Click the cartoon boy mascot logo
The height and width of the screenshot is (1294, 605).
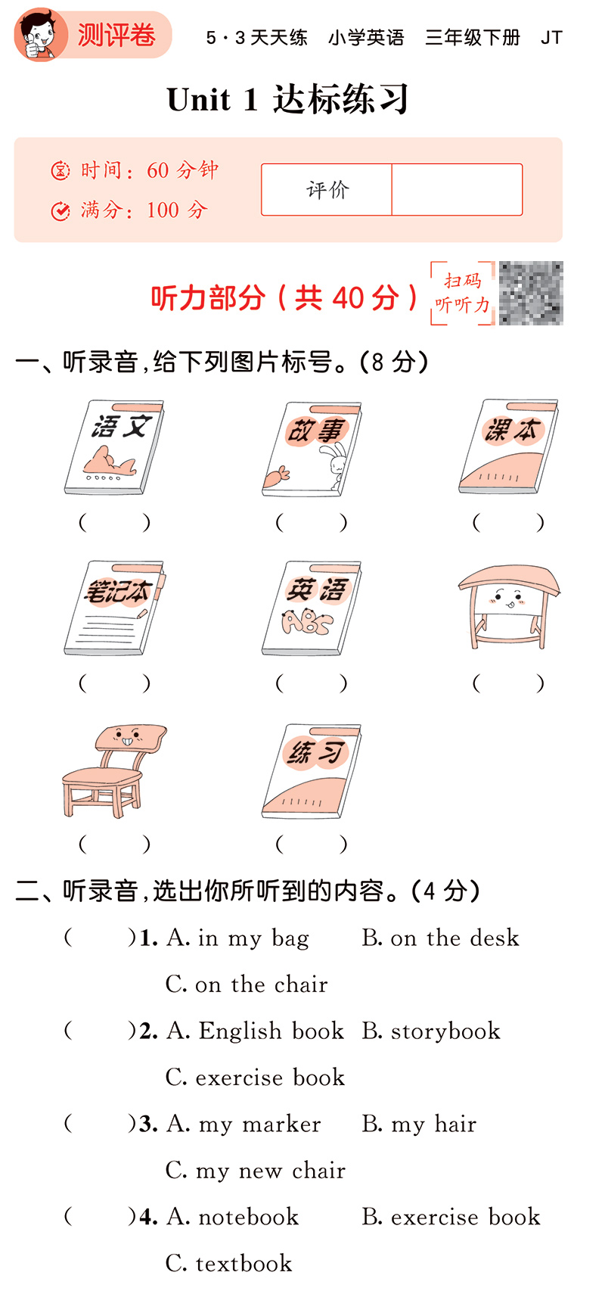[38, 34]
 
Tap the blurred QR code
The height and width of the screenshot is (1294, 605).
[531, 293]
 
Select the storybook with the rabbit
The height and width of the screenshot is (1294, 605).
[312, 449]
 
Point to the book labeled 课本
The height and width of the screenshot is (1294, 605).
[509, 446]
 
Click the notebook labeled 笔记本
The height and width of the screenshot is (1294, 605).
[115, 608]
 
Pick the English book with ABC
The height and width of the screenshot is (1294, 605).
[312, 608]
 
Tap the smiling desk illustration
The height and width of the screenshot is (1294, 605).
[509, 607]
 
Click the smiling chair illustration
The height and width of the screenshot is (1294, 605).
[114, 770]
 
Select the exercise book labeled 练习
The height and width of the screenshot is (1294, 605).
[312, 770]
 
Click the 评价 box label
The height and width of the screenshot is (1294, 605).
[327, 189]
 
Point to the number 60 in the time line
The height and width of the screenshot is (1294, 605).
[157, 170]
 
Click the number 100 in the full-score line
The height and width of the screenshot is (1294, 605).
[163, 210]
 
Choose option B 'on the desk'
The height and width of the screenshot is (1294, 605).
[440, 937]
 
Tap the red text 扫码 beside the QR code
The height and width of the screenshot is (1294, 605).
[462, 281]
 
